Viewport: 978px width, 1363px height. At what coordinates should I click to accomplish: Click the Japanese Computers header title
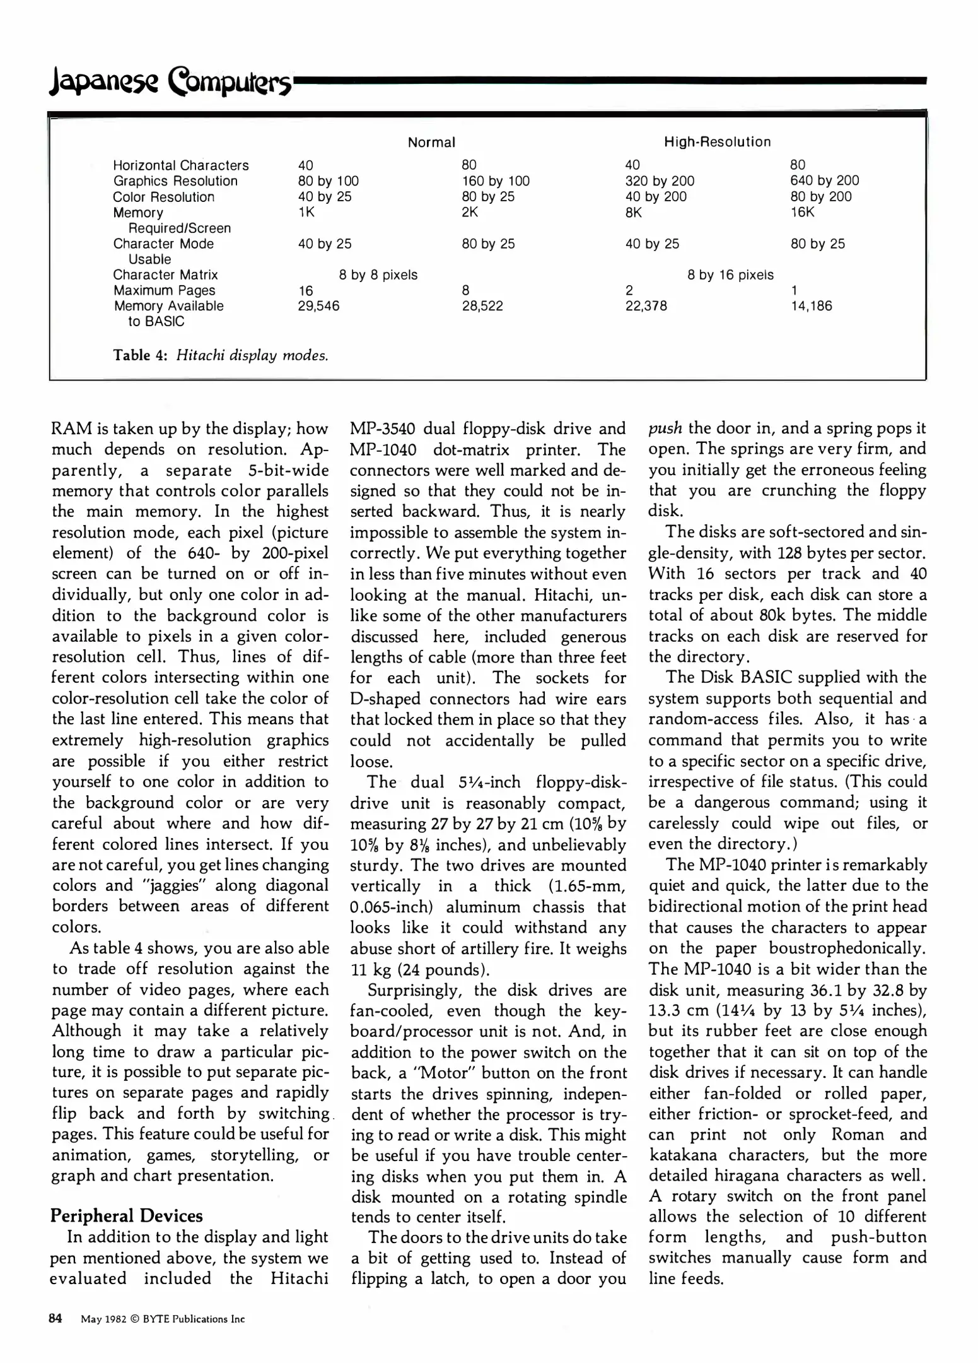pos(170,83)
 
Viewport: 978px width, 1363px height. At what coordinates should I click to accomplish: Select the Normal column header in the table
pos(431,143)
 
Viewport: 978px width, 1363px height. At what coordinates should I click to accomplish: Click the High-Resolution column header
pos(717,142)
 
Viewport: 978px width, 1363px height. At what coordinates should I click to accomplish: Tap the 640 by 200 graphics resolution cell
pos(824,181)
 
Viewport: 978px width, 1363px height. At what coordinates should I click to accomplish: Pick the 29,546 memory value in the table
pos(318,306)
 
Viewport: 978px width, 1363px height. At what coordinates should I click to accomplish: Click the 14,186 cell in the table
pos(812,306)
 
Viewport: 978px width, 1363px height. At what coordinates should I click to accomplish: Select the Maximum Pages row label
pos(164,291)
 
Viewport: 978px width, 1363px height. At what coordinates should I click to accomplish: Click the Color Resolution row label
pos(163,197)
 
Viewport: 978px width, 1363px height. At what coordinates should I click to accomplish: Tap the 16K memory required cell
pos(802,213)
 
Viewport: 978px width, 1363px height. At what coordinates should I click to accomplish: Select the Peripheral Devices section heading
pos(126,1216)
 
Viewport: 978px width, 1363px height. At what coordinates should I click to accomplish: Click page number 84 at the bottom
pos(55,1318)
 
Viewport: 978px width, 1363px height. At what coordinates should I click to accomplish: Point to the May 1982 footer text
pos(104,1319)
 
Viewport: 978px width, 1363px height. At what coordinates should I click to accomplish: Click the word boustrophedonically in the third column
pos(847,948)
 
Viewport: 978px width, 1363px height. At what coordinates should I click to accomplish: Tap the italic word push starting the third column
pos(665,428)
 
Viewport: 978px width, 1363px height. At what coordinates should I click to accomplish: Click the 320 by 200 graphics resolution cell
pos(660,181)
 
